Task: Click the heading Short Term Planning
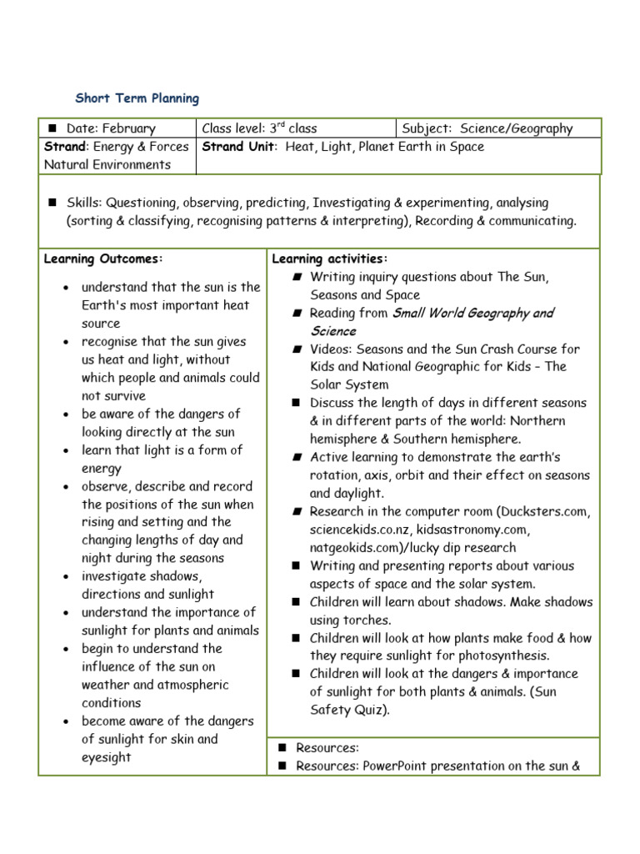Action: (x=137, y=98)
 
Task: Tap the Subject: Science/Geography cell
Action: (x=487, y=128)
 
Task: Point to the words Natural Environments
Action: (x=107, y=164)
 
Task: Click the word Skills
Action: (x=83, y=203)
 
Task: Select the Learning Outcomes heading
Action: (x=104, y=259)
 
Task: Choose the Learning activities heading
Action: (x=330, y=259)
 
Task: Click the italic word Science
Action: (x=333, y=331)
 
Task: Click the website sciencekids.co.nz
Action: (x=363, y=530)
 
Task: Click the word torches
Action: (x=368, y=620)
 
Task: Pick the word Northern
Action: (x=535, y=421)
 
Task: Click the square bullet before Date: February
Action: (x=52, y=128)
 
